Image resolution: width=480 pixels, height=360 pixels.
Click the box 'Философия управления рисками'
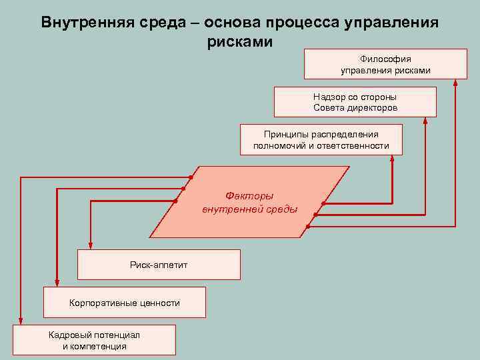[385, 64]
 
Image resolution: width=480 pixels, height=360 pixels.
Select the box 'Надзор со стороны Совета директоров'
[355, 102]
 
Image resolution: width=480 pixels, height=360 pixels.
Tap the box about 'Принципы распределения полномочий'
[321, 139]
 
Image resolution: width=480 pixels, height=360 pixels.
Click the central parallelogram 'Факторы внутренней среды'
[250, 203]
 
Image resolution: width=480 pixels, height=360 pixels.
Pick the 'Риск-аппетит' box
[159, 265]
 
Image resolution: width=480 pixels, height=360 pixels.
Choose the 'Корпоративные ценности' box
[125, 302]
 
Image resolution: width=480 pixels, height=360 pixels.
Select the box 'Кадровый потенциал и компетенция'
[94, 340]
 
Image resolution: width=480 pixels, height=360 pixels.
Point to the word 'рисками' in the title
[240, 41]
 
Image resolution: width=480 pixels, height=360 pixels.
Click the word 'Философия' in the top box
[386, 59]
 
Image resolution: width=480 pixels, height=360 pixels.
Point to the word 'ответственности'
[354, 145]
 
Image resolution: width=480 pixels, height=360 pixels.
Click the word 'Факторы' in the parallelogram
[250, 196]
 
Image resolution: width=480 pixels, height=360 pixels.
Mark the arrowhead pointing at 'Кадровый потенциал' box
[21, 321]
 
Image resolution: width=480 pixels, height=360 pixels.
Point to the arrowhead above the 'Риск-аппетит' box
[91, 246]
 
